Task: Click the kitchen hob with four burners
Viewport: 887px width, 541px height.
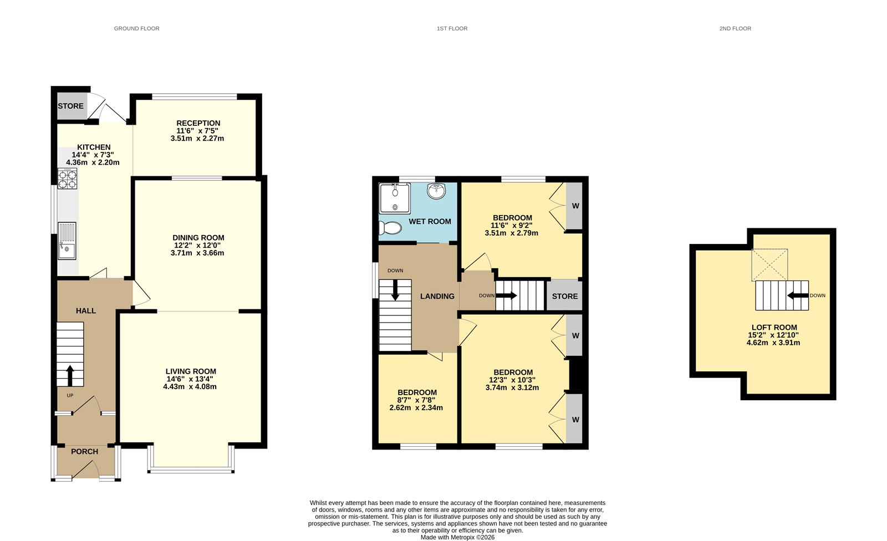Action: pos(67,178)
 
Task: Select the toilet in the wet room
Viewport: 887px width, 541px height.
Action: pos(391,228)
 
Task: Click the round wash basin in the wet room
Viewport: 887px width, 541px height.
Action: pos(437,191)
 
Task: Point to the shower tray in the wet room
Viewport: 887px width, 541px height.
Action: pos(395,198)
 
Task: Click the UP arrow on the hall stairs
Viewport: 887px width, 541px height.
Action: pos(70,375)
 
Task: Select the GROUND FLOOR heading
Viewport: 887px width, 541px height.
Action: pos(136,28)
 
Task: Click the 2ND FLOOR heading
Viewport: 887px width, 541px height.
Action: pos(735,28)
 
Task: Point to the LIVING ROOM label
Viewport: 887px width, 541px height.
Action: pos(191,371)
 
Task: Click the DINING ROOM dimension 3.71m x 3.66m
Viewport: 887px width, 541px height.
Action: pos(197,253)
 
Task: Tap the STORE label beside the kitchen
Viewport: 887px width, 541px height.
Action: pos(71,106)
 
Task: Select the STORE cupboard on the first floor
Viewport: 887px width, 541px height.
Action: pos(564,296)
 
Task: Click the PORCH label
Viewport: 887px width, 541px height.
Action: pos(84,451)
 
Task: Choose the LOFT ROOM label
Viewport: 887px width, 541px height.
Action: pos(774,327)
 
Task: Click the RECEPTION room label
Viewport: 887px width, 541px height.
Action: pos(198,123)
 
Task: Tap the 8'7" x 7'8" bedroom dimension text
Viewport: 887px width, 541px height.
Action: pos(416,400)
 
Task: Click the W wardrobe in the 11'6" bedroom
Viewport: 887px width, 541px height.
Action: pos(575,206)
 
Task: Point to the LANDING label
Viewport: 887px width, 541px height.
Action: pos(437,296)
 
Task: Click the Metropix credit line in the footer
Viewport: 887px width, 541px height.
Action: pos(457,537)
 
